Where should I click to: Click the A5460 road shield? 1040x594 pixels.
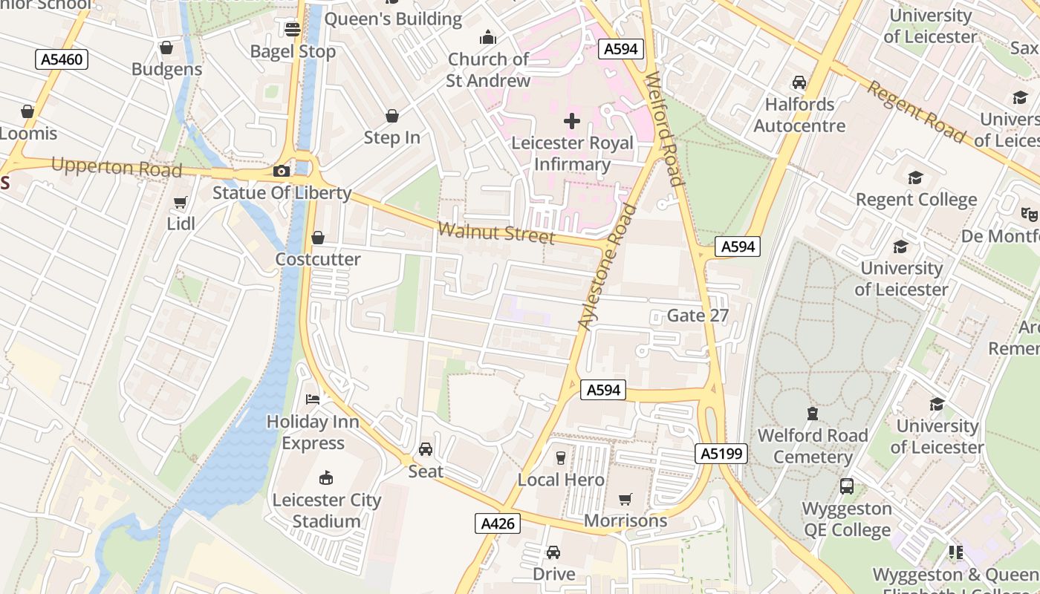pos(62,59)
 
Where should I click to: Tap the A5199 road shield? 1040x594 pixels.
pos(721,453)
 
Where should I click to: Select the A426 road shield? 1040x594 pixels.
pos(497,523)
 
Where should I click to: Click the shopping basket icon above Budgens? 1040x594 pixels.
pos(166,48)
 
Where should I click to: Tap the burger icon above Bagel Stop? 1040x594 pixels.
pos(293,29)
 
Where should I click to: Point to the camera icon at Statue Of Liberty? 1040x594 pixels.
pos(281,172)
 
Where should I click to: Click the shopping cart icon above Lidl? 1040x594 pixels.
pos(180,202)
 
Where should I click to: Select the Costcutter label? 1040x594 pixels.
pos(318,259)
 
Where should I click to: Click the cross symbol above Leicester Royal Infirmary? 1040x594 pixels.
pos(572,121)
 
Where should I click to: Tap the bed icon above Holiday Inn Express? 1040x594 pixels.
pos(313,399)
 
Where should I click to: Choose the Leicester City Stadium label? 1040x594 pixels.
pos(326,510)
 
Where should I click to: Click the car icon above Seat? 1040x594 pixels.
pos(426,449)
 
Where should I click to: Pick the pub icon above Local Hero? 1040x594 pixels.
pos(561,458)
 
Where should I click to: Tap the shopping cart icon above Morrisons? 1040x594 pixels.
pos(625,499)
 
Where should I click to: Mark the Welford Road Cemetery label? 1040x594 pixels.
pos(813,446)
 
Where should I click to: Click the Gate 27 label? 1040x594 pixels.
pos(698,315)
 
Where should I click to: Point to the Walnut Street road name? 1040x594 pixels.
pos(496,232)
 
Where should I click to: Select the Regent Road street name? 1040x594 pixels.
pos(917,112)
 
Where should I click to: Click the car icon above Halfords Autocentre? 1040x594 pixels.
pos(799,82)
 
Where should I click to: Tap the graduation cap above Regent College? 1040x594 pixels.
pos(916,178)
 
